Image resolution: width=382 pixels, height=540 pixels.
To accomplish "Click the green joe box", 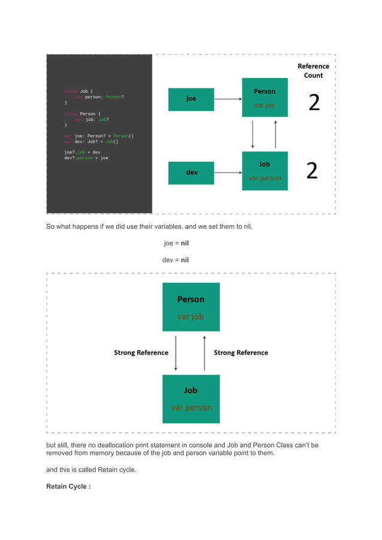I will click(x=191, y=99).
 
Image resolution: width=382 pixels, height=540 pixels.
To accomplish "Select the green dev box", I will click(x=191, y=172).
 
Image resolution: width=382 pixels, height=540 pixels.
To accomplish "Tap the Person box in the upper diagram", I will click(x=265, y=98).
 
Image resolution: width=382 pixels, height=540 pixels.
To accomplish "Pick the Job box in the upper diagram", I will click(x=265, y=171).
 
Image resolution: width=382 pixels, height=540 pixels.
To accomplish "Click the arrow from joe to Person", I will click(x=228, y=99).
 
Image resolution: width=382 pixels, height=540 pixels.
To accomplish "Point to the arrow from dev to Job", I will click(x=228, y=172).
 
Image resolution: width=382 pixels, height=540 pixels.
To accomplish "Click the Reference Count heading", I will click(x=313, y=71).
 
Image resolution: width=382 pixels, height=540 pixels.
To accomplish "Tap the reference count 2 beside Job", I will click(x=312, y=172).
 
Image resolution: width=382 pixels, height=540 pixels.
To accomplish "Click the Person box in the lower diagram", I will click(x=191, y=307).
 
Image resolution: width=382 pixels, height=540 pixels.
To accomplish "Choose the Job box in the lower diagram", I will click(x=191, y=398).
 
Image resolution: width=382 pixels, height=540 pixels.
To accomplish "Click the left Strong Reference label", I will click(x=141, y=353).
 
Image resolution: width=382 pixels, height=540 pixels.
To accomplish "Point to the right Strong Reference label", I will click(x=241, y=353).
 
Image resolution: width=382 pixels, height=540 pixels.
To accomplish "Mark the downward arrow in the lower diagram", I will click(x=176, y=353).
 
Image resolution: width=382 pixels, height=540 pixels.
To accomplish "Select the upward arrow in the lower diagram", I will click(x=205, y=353).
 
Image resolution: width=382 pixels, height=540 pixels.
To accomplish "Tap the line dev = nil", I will click(x=175, y=260).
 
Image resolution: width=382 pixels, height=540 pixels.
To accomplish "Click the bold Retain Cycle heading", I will click(x=68, y=486).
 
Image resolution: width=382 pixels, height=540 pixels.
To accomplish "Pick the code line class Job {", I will click(x=78, y=91).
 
